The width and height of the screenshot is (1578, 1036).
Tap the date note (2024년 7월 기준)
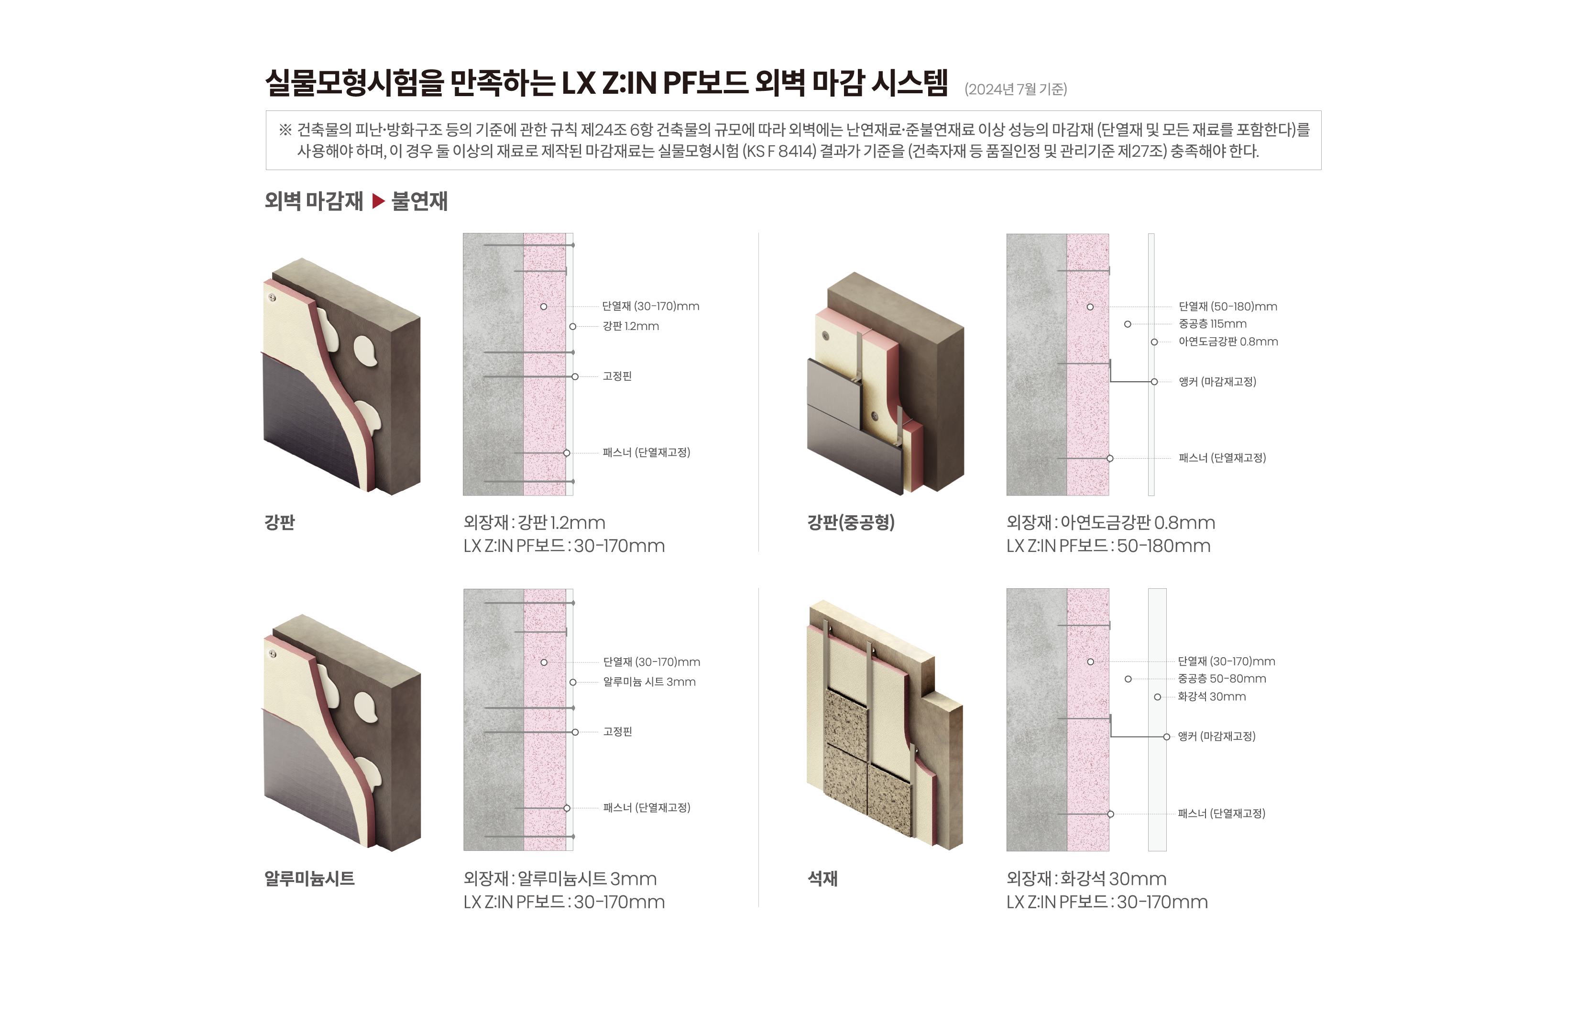pyautogui.click(x=1016, y=89)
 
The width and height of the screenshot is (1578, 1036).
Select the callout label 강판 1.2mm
pyautogui.click(x=631, y=326)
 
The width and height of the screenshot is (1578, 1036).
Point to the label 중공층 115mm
pyautogui.click(x=1213, y=324)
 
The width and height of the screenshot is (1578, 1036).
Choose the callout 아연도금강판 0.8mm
pyautogui.click(x=1228, y=342)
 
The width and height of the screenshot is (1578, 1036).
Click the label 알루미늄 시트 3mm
pyautogui.click(x=649, y=682)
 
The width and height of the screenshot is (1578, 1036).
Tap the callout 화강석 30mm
pyautogui.click(x=1211, y=696)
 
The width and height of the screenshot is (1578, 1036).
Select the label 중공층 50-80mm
pyautogui.click(x=1222, y=679)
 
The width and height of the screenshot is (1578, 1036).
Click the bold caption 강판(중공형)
pyautogui.click(x=851, y=523)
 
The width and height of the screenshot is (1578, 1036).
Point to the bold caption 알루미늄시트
pyautogui.click(x=310, y=879)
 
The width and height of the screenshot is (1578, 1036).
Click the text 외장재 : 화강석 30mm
pyautogui.click(x=1086, y=879)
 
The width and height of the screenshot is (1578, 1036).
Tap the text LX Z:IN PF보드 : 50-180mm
pyautogui.click(x=1108, y=546)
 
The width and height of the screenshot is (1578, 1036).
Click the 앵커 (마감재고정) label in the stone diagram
pyautogui.click(x=1216, y=736)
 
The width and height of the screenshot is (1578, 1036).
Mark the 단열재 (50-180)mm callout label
pyautogui.click(x=1228, y=307)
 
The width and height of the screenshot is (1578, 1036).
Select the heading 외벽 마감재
pyautogui.click(x=314, y=201)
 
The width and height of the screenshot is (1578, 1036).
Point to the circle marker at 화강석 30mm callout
pyautogui.click(x=1158, y=697)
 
